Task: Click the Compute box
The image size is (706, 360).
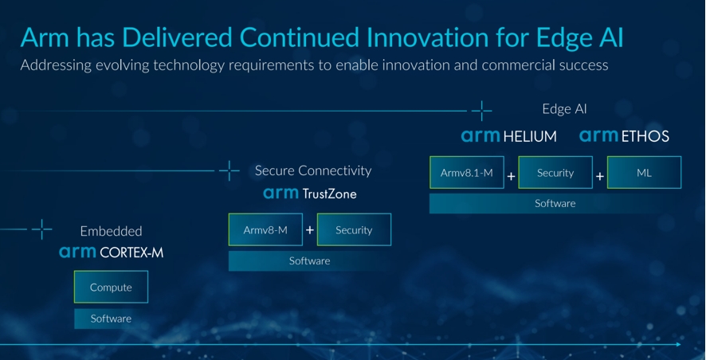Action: point(111,287)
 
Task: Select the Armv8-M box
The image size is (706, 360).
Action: point(265,229)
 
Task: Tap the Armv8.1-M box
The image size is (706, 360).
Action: point(466,172)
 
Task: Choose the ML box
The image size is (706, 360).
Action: point(644,172)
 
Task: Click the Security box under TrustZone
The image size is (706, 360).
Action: point(354,229)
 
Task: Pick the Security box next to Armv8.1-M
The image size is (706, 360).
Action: point(555,172)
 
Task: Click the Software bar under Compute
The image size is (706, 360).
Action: point(111,319)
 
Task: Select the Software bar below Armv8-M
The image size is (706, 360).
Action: point(310,261)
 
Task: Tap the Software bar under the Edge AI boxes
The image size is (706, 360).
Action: point(555,203)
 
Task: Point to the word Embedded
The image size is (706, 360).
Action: point(111,231)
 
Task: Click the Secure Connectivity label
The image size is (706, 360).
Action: point(313,170)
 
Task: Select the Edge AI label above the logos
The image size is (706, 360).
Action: point(564,109)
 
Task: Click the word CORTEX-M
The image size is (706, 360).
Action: point(131,252)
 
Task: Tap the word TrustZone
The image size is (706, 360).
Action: point(329,194)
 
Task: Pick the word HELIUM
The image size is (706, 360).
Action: point(529,136)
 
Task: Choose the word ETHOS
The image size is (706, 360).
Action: point(645,136)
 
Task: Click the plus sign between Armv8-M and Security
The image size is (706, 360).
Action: point(310,230)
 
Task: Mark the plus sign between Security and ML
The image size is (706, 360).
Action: point(600,176)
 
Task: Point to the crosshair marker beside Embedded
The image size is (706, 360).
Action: point(42,229)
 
